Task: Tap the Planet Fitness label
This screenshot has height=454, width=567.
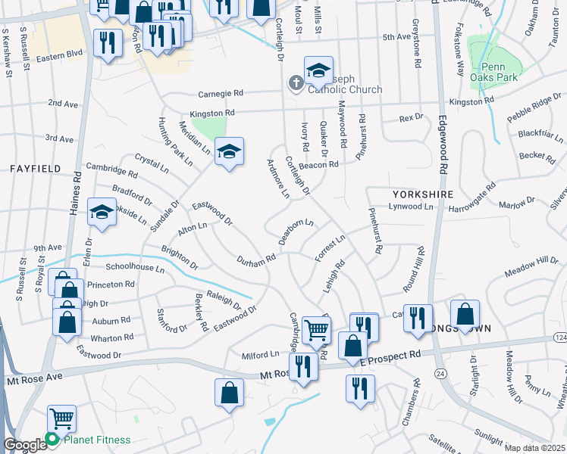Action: [x=96, y=440]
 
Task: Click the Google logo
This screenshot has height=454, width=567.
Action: [x=24, y=445]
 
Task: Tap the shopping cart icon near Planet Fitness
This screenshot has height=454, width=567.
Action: [x=61, y=418]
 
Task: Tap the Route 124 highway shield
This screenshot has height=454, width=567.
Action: [x=560, y=336]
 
